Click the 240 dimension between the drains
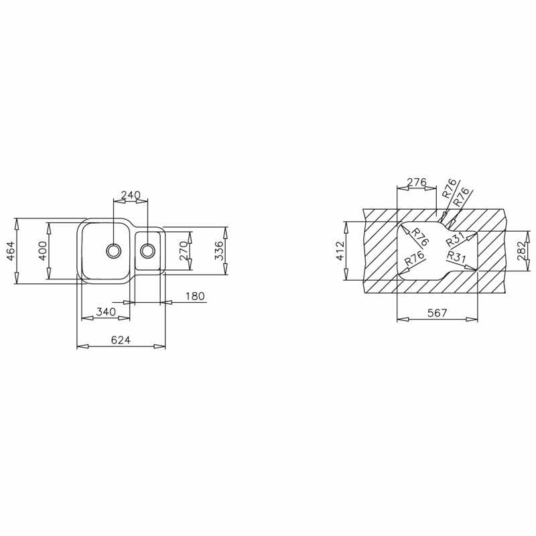(x=130, y=195)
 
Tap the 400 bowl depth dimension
(x=43, y=251)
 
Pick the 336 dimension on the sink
(x=218, y=251)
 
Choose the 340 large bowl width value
(x=106, y=312)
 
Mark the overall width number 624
(x=121, y=340)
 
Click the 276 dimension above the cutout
(x=417, y=182)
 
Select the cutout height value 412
(x=340, y=251)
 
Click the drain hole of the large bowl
(x=114, y=251)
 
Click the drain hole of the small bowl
(x=148, y=251)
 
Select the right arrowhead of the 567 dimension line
(x=474, y=320)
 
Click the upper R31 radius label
(x=456, y=240)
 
